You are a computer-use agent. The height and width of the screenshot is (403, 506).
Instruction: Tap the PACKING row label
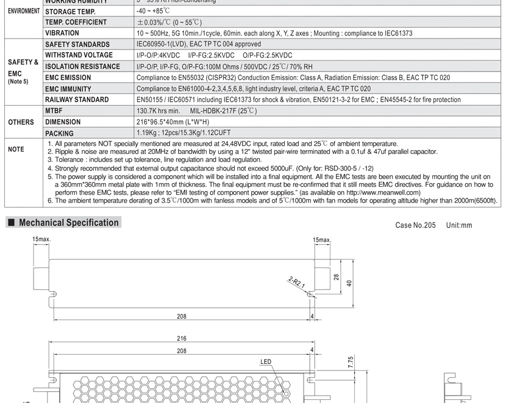(x=59, y=133)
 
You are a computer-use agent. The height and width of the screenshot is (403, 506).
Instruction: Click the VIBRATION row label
(x=62, y=33)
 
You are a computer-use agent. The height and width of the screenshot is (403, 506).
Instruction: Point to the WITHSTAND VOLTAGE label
(x=79, y=55)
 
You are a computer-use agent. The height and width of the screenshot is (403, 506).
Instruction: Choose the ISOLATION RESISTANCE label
(x=82, y=67)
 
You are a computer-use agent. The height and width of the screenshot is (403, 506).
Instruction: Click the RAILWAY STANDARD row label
(x=77, y=100)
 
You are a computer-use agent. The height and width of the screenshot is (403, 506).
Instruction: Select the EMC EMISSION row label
(x=68, y=78)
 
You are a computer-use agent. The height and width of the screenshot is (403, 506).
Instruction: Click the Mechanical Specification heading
(x=68, y=223)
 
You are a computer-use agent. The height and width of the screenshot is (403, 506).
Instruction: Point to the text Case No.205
(x=415, y=225)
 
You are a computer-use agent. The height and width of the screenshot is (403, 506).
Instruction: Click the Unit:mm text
(x=459, y=225)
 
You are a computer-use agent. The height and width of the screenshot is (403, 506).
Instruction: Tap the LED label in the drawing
(x=266, y=362)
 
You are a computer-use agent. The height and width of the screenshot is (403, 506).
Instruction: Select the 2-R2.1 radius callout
(x=296, y=282)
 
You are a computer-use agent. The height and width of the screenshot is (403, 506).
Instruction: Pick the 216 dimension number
(x=182, y=338)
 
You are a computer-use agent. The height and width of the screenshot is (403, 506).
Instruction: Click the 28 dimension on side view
(x=337, y=277)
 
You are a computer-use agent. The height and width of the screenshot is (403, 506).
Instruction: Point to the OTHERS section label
(x=21, y=122)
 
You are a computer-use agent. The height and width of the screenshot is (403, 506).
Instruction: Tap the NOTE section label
(x=16, y=149)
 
